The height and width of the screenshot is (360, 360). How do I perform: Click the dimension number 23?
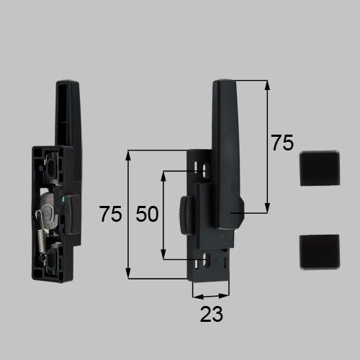click(x=212, y=314)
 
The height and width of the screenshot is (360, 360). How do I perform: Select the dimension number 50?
click(x=147, y=214)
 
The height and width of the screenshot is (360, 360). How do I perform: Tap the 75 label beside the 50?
click(x=110, y=214)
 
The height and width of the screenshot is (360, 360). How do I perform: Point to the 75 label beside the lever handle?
click(x=282, y=143)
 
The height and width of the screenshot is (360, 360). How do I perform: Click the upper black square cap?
click(x=320, y=168)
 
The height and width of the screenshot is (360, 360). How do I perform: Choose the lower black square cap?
click(x=320, y=252)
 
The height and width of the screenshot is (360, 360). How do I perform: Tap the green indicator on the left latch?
click(x=63, y=199)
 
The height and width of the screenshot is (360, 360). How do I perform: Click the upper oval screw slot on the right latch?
click(x=206, y=171)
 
